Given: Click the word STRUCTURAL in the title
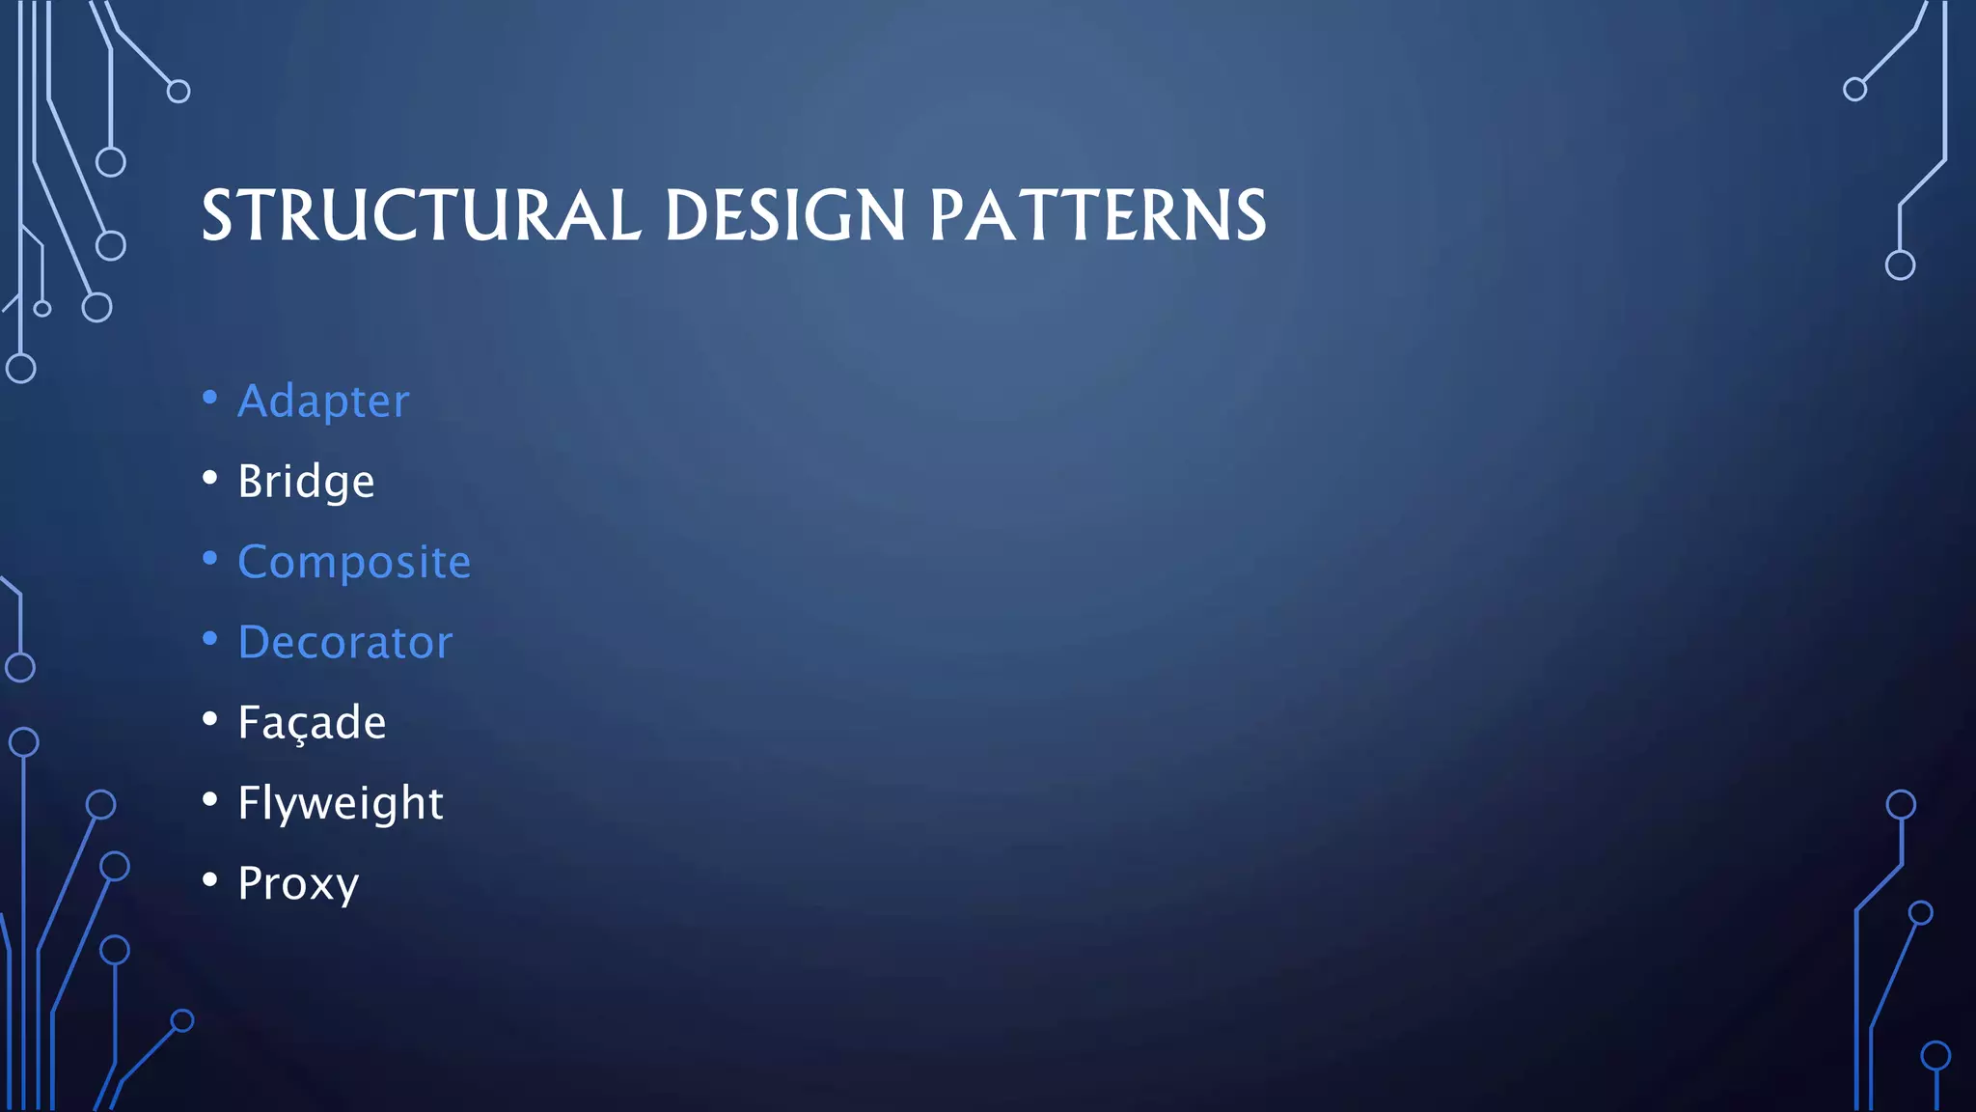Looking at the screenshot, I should tap(421, 215).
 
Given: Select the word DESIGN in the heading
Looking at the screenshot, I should tap(784, 215).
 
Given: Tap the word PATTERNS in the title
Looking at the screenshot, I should tap(1097, 215).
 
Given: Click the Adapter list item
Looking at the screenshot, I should tap(323, 401).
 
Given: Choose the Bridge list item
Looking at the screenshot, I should tap(306, 481).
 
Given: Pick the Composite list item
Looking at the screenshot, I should tap(354, 562).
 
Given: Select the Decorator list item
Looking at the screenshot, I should tap(344, 642).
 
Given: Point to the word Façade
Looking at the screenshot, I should tap(312, 723).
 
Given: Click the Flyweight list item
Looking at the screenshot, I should tap(340, 803).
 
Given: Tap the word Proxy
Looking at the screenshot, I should tap(298, 883).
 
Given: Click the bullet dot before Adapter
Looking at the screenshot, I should tap(210, 398).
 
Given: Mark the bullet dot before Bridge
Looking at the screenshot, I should tap(210, 478).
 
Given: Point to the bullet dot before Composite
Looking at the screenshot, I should tap(210, 559).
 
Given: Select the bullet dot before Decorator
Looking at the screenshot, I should tap(210, 639).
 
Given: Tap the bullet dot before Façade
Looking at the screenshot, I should tap(210, 719).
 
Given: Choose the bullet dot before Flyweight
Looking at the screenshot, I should tap(210, 799).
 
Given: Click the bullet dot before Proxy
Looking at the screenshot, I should tap(210, 880).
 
